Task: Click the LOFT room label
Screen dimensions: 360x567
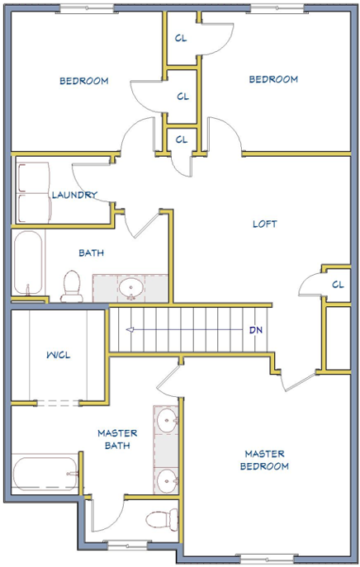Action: coord(265,224)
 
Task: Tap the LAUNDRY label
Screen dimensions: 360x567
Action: coord(74,195)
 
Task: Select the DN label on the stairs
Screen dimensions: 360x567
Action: coord(256,330)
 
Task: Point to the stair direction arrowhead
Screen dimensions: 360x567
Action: coord(130,329)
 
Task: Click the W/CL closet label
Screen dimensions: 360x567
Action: coord(59,355)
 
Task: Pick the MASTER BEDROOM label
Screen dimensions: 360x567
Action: coord(264,460)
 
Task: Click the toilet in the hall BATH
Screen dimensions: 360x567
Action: coord(72,286)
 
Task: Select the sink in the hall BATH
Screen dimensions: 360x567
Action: coord(130,288)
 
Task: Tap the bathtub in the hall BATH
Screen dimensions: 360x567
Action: coord(28,262)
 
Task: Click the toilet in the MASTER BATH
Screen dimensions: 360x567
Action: coord(162,519)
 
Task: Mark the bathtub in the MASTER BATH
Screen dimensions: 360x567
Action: coord(45,474)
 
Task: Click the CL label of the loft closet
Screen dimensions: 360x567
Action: coord(338,285)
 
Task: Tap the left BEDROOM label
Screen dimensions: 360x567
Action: coord(84,81)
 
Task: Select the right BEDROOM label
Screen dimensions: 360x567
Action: coord(273,79)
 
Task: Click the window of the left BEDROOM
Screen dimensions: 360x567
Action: coord(87,9)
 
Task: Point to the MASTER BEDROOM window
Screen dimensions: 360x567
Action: coord(267,559)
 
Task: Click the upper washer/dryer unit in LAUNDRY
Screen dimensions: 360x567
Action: coord(33,178)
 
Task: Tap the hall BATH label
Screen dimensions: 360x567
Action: coord(91,253)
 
